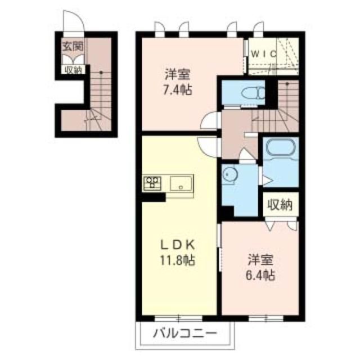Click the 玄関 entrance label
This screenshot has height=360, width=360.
[x=73, y=47]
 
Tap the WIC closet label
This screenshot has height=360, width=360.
[x=264, y=54]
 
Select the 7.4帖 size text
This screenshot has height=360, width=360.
[x=177, y=89]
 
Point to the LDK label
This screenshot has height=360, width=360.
[x=178, y=245]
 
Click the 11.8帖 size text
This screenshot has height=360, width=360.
[x=178, y=260]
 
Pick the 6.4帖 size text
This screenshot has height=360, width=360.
[x=260, y=275]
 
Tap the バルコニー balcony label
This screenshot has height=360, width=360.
[x=185, y=333]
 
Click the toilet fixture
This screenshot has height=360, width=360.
[x=253, y=93]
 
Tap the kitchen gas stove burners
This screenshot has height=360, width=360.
[x=152, y=183]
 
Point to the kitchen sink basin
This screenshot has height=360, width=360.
[x=181, y=183]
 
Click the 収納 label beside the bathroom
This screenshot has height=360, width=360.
[x=280, y=205]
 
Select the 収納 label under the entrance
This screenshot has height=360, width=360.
[x=73, y=70]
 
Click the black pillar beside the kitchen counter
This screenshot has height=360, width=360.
[x=154, y=197]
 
